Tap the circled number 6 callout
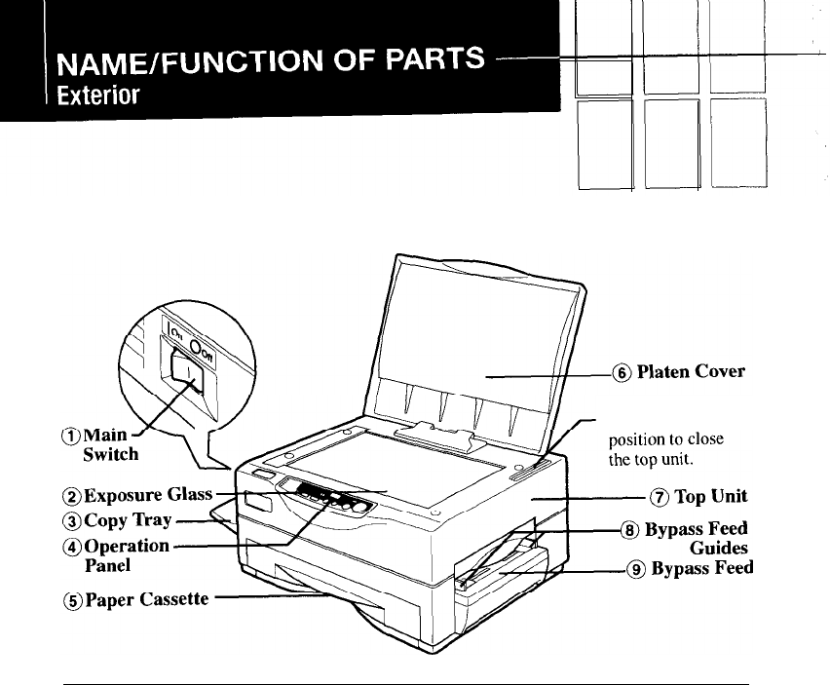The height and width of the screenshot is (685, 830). coord(621,371)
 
